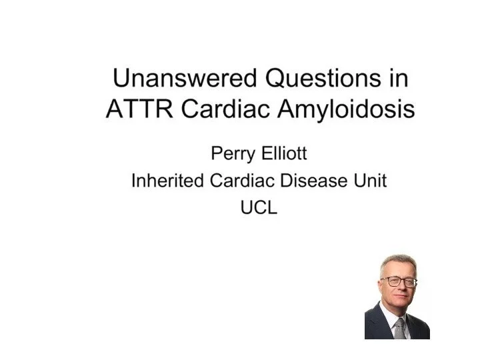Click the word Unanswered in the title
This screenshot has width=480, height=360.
tap(185, 78)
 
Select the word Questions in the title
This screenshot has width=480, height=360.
tap(323, 79)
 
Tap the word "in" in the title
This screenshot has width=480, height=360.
tap(399, 78)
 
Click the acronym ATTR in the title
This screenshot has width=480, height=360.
tap(139, 109)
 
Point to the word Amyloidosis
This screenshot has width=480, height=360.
tap(346, 110)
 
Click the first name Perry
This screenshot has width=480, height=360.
tap(233, 154)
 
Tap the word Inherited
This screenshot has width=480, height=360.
tap(167, 180)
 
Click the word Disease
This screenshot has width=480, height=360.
tap(314, 180)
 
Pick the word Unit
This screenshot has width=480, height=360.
tap(371, 180)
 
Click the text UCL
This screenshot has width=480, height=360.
tap(259, 207)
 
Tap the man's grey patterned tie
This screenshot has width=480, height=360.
tap(399, 328)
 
